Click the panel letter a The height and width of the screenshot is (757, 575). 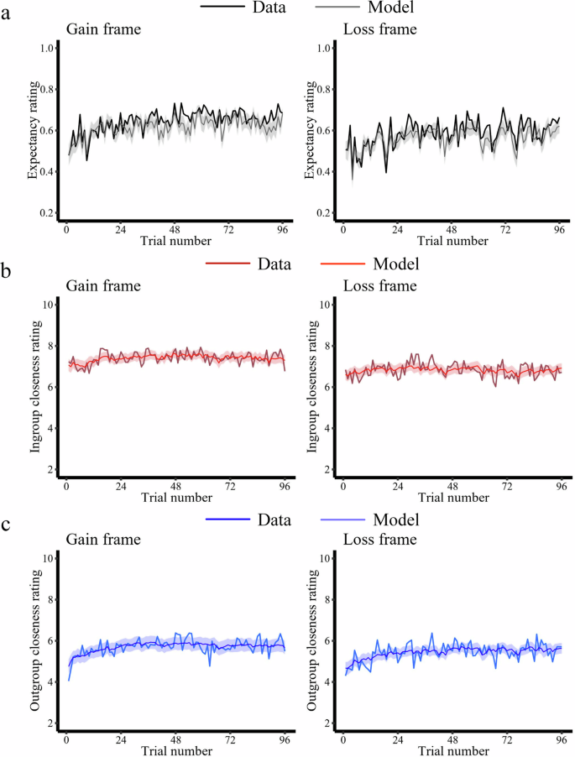[8, 14]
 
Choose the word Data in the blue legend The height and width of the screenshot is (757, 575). [274, 519]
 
